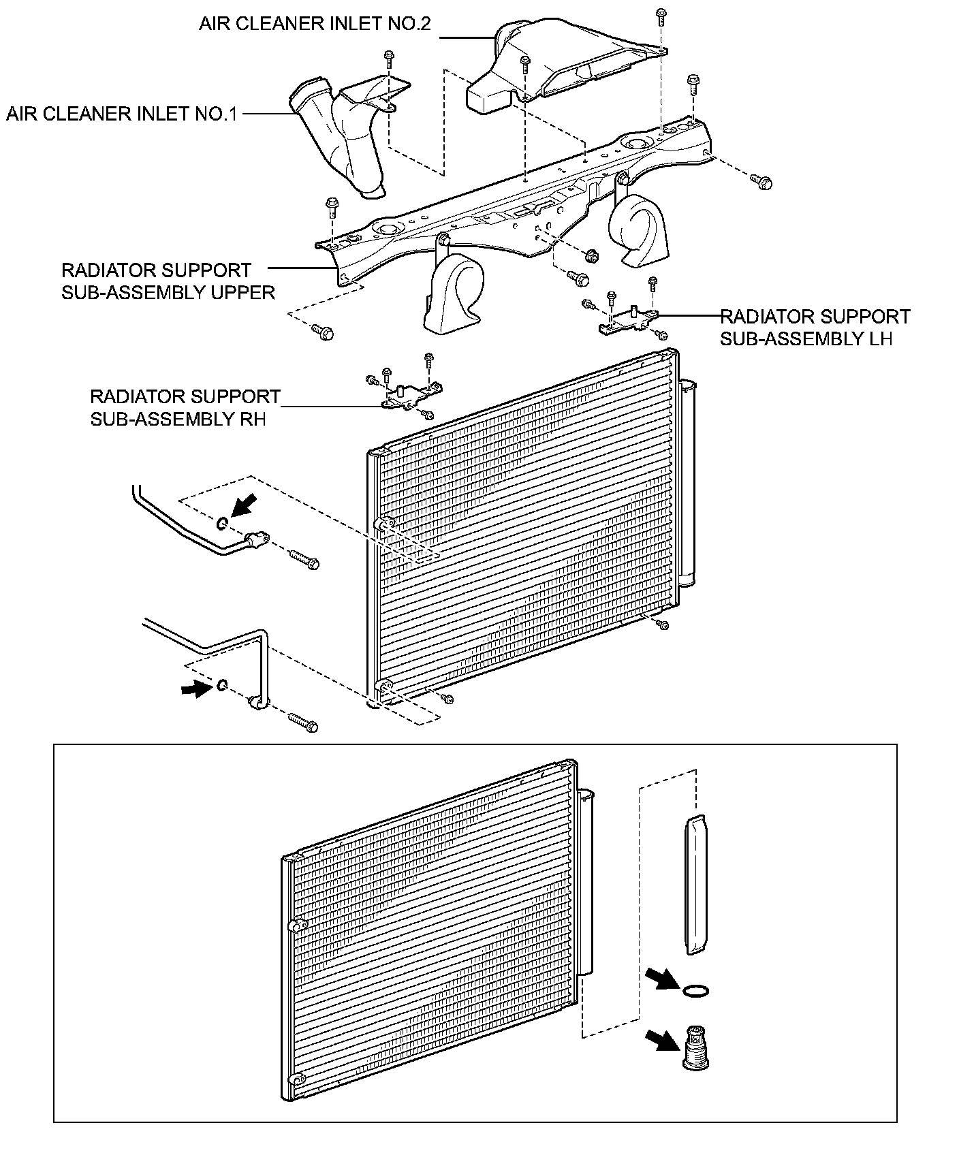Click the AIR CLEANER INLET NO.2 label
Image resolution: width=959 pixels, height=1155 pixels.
315,24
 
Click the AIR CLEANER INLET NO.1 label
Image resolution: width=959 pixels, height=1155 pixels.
122,113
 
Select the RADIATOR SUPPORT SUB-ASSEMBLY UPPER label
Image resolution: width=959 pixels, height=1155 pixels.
168,281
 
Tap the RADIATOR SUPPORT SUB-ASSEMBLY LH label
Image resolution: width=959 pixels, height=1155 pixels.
815,328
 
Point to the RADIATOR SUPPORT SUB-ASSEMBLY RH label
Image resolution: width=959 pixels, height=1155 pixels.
185,407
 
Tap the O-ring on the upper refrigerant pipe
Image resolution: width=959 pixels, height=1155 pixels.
223,524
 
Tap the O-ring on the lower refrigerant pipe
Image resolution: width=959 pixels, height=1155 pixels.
223,684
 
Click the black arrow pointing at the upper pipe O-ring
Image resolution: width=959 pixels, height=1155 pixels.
244,507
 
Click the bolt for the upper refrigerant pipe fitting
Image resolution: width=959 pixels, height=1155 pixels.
304,560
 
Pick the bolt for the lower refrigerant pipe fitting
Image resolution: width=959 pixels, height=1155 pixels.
303,723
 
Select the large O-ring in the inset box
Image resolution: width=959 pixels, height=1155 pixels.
696,990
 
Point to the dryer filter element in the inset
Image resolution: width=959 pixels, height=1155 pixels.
695,885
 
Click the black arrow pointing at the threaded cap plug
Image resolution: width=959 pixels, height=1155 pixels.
661,1040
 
